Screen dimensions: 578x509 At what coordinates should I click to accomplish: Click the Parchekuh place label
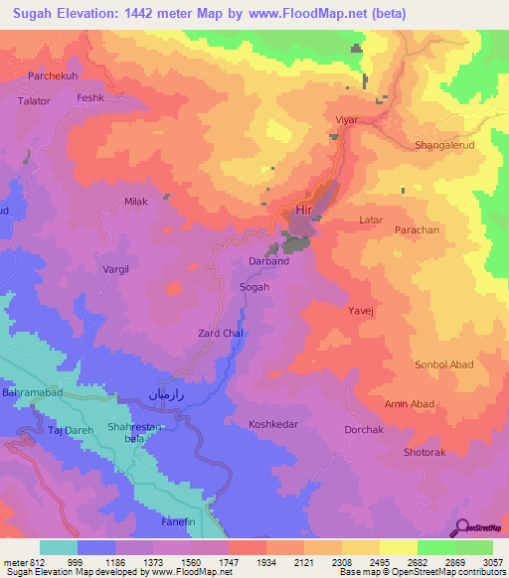pyautogui.click(x=53, y=75)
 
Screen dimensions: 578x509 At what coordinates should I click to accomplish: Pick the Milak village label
pyautogui.click(x=136, y=202)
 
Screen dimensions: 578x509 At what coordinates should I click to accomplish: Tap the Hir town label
pyautogui.click(x=304, y=211)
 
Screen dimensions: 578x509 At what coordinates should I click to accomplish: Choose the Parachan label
pyautogui.click(x=417, y=229)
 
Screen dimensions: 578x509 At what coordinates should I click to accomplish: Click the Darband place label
pyautogui.click(x=268, y=261)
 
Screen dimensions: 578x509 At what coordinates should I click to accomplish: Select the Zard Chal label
pyautogui.click(x=221, y=333)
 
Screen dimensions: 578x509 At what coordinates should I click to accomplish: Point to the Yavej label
pyautogui.click(x=360, y=311)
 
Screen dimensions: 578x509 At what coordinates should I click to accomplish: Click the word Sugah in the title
pyautogui.click(x=39, y=14)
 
